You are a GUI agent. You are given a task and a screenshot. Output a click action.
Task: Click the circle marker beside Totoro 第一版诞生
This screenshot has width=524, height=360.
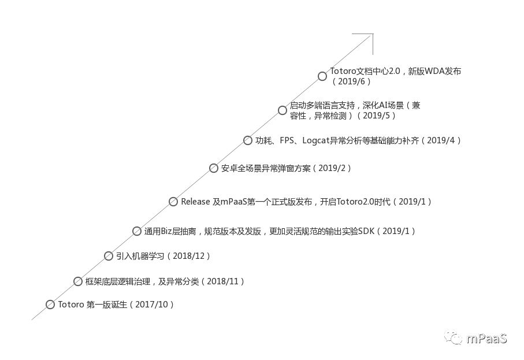[x=50, y=305]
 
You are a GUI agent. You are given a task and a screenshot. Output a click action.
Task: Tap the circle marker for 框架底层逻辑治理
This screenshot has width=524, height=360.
[x=78, y=281]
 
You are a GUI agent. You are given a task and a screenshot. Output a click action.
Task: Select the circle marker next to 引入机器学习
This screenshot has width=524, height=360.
[x=109, y=256]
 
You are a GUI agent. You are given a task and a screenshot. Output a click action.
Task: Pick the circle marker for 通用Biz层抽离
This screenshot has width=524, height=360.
[x=137, y=231]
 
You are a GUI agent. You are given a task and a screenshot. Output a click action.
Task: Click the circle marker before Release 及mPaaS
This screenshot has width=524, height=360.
[x=173, y=202]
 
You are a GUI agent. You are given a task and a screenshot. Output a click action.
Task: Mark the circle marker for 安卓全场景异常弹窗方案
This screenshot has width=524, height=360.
[x=214, y=168]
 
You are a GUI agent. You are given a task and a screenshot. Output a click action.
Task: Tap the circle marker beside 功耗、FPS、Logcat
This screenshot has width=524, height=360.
[x=248, y=140]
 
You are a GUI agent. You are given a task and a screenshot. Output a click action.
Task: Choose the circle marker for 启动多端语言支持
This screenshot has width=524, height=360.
[x=282, y=110]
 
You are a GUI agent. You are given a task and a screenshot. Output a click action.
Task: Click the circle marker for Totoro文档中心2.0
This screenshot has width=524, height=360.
[x=322, y=76]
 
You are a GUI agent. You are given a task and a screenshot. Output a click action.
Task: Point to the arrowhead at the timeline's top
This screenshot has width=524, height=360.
[x=370, y=36]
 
